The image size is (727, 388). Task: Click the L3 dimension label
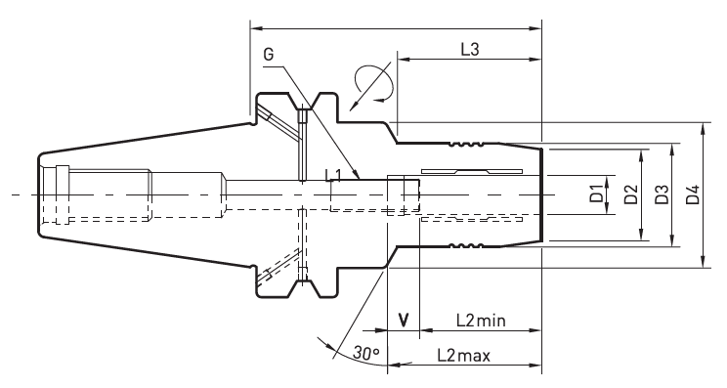click(x=470, y=49)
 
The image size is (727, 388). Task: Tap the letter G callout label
click(x=269, y=54)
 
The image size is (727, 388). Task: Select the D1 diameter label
click(x=596, y=194)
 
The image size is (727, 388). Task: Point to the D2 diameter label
click(x=630, y=194)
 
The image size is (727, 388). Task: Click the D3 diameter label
click(x=662, y=194)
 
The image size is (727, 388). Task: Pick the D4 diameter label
click(x=693, y=194)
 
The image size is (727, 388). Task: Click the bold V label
click(x=404, y=320)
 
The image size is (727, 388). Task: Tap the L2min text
click(x=481, y=321)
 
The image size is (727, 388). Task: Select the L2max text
click(x=463, y=356)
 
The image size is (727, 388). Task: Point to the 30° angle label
click(x=365, y=353)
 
